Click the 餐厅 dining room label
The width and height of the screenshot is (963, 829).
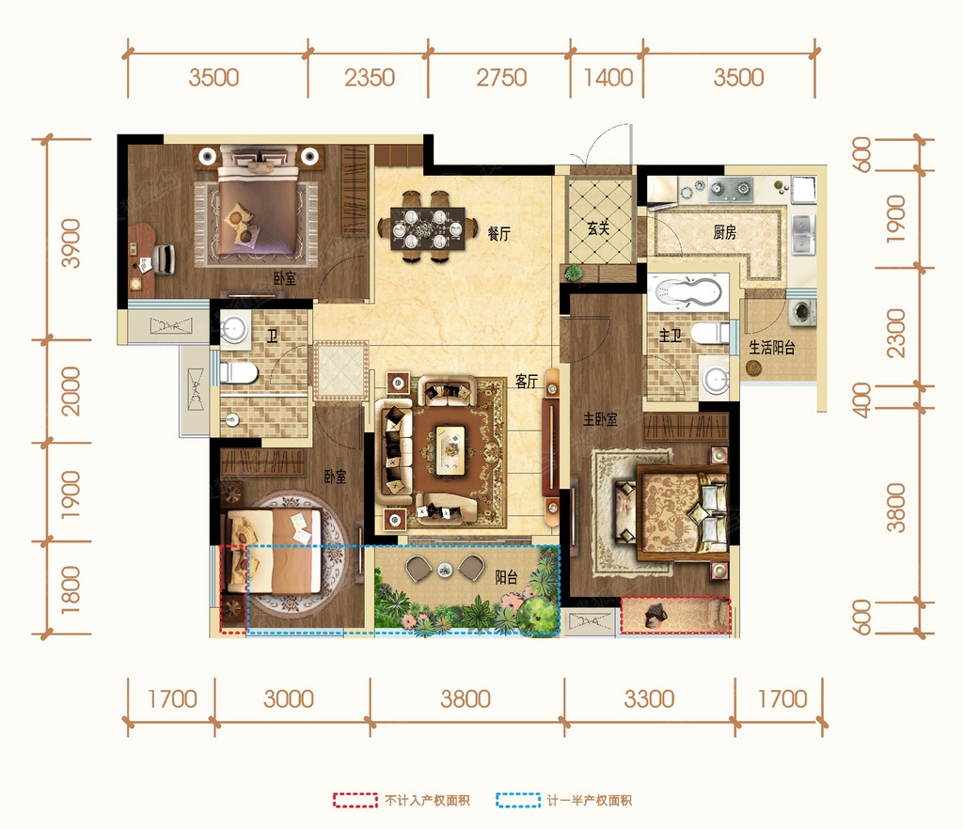(498, 233)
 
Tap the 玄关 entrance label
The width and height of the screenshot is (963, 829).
(598, 228)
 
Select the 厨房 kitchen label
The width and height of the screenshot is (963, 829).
(725, 232)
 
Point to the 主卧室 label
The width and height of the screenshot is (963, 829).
(600, 420)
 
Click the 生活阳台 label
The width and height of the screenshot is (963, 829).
(772, 348)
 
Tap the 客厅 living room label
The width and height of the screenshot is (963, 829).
(527, 381)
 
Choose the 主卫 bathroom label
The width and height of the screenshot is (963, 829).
(670, 336)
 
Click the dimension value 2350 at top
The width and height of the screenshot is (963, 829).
(369, 78)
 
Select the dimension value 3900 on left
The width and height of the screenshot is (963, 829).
(71, 243)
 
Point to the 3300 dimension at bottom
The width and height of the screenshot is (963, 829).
(649, 699)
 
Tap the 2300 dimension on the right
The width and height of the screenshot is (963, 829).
(896, 333)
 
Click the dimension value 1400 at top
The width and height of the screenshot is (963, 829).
(608, 78)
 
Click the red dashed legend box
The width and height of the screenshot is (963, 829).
(355, 800)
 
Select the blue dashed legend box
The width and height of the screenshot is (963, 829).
(518, 800)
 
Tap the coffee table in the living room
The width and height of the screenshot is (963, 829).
(450, 450)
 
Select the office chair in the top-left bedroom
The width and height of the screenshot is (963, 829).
(162, 258)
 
